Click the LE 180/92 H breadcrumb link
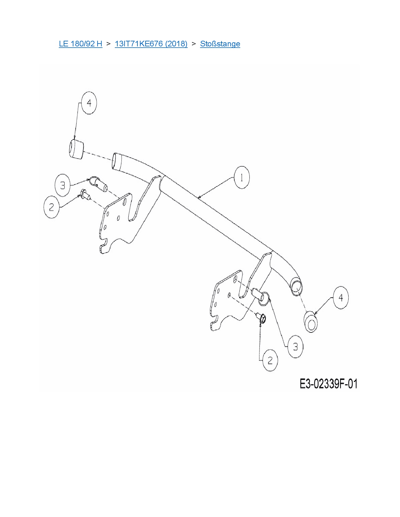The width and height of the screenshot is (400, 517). pyautogui.click(x=80, y=44)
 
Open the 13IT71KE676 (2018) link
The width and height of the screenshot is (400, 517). pyautogui.click(x=151, y=44)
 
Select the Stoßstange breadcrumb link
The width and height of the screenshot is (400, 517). pyautogui.click(x=220, y=44)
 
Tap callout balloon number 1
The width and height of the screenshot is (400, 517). pyautogui.click(x=242, y=178)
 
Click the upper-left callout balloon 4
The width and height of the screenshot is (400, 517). pyautogui.click(x=89, y=103)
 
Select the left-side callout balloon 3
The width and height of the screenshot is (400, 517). pyautogui.click(x=62, y=185)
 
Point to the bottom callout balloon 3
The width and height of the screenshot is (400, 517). pyautogui.click(x=295, y=347)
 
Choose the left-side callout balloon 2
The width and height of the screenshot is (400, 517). pyautogui.click(x=51, y=207)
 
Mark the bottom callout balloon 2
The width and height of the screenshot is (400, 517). pyautogui.click(x=270, y=360)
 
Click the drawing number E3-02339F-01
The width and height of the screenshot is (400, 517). pyautogui.click(x=328, y=384)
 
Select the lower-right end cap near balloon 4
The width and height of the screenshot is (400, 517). pyautogui.click(x=311, y=321)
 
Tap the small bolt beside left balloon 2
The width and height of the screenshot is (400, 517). pyautogui.click(x=85, y=195)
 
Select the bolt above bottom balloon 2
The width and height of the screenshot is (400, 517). pyautogui.click(x=262, y=318)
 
